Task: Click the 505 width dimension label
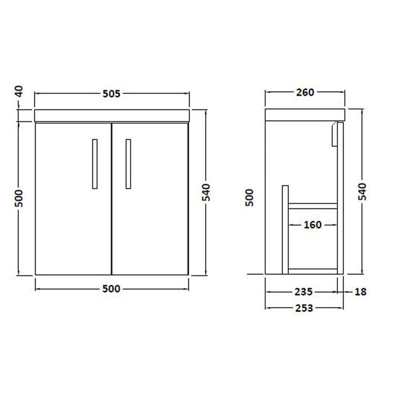click(112, 94)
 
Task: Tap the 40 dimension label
click(19, 91)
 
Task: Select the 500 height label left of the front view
click(19, 199)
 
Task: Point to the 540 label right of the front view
click(207, 191)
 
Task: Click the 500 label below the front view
click(112, 289)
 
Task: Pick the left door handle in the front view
click(94, 163)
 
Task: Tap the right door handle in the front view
click(128, 163)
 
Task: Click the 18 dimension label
click(360, 292)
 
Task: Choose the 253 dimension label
click(305, 308)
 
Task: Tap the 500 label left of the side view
click(249, 199)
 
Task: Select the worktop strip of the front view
click(112, 116)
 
